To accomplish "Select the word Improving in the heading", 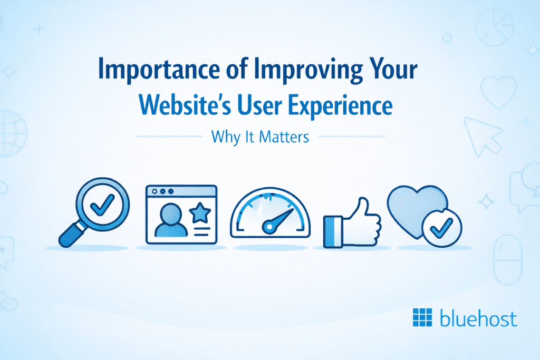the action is [x=308, y=70].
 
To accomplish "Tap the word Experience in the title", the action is [x=340, y=105].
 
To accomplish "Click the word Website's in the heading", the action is [x=185, y=104].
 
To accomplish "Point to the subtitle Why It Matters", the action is [x=260, y=137].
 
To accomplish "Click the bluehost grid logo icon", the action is [x=422, y=317].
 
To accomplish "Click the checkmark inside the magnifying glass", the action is [x=102, y=205].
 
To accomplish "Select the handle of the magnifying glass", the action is [x=72, y=235].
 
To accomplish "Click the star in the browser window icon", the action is [x=200, y=212].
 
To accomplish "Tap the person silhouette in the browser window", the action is [x=171, y=220].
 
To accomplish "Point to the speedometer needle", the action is [x=277, y=221].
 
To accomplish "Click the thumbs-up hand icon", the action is [x=352, y=223].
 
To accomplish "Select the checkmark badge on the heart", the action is [x=442, y=228].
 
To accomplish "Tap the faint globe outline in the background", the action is [x=13, y=133].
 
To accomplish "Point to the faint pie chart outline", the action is [x=494, y=27].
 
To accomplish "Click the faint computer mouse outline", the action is [x=508, y=260].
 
